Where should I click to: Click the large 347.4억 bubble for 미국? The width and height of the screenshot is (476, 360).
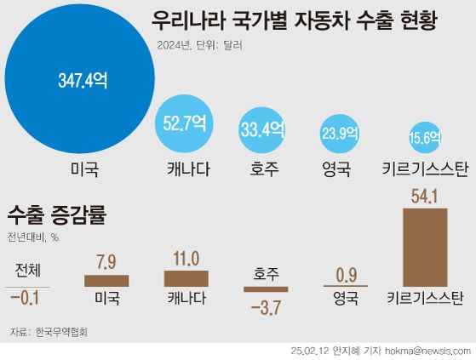click(x=83, y=81)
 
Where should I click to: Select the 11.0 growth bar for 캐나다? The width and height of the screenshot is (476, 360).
click(x=186, y=278)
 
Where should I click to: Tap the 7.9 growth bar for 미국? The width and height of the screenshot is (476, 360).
click(x=106, y=280)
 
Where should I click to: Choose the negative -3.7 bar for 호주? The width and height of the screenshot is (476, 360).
click(x=267, y=290)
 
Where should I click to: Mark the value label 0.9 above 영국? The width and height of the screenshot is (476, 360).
click(x=346, y=274)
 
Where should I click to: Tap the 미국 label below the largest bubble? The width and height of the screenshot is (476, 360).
click(x=84, y=169)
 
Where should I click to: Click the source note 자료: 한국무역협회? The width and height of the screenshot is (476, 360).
click(x=49, y=331)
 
